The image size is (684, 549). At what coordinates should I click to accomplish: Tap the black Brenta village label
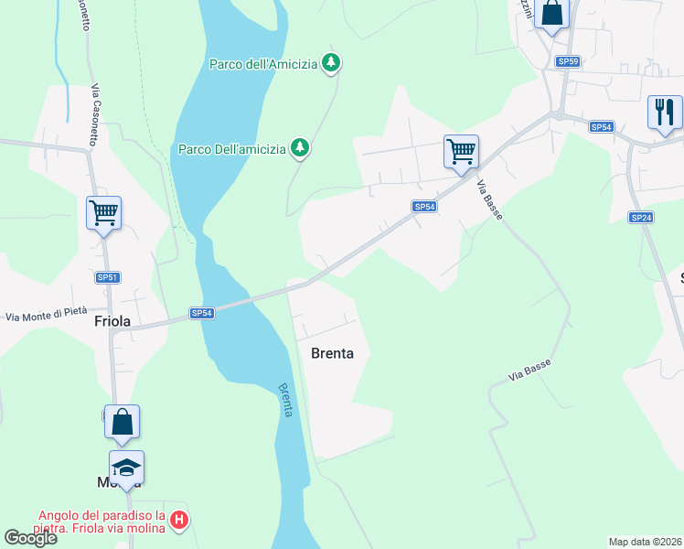(x=332, y=353)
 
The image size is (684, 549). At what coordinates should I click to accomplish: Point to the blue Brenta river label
(x=285, y=400)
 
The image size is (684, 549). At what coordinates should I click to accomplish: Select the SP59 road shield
(x=568, y=61)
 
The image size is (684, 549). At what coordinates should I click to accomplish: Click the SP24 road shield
(x=640, y=217)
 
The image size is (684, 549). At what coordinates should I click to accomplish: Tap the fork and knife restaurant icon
(x=665, y=112)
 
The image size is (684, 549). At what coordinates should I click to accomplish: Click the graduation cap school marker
(x=126, y=468)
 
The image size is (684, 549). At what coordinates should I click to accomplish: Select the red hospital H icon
(x=180, y=521)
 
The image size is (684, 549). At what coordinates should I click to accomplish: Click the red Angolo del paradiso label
(x=101, y=521)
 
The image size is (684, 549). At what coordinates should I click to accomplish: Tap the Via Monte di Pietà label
(x=46, y=316)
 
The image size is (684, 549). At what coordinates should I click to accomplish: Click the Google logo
(x=30, y=538)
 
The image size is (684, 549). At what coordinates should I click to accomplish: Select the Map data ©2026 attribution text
(x=646, y=542)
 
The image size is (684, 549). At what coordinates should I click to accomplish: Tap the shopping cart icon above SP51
(x=103, y=213)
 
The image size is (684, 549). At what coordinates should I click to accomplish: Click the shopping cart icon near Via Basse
(x=461, y=151)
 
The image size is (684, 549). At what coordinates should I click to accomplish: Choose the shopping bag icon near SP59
(x=551, y=13)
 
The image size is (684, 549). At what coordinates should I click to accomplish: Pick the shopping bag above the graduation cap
(x=122, y=422)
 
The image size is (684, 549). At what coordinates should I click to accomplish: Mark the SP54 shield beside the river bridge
(x=202, y=313)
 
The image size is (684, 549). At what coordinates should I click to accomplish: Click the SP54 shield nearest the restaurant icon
(x=601, y=127)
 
